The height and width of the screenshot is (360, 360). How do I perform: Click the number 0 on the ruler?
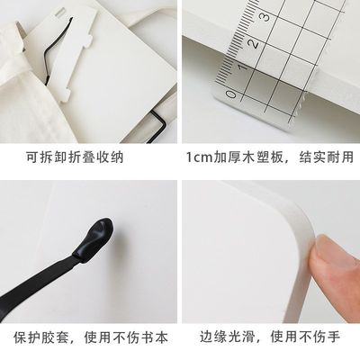pos(232,93)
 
